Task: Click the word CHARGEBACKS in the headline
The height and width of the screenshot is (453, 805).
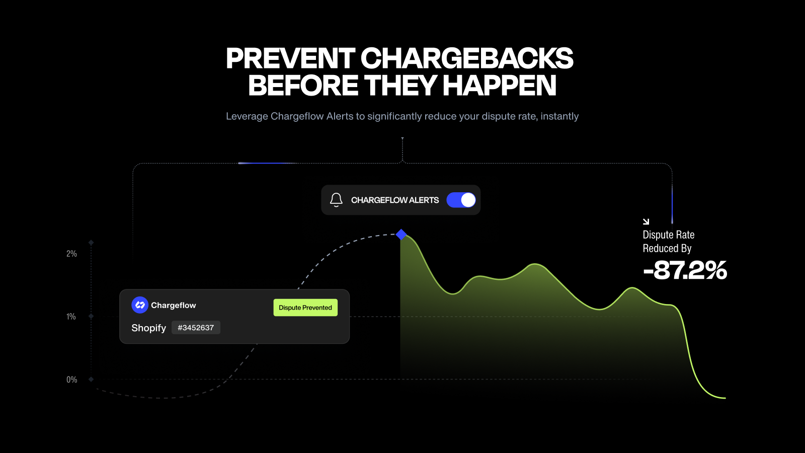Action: click(x=467, y=58)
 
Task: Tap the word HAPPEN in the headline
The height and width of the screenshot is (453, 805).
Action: click(x=500, y=85)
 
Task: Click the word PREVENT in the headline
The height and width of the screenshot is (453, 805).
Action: click(x=290, y=58)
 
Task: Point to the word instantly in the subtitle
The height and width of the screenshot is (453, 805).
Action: click(x=559, y=116)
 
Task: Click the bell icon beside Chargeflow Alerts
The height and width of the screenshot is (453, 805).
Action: click(x=337, y=200)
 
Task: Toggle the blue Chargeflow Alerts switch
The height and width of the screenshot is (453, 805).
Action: click(x=461, y=200)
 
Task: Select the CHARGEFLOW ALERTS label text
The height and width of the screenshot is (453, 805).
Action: click(x=395, y=200)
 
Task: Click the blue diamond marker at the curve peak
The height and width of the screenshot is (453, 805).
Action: click(x=401, y=235)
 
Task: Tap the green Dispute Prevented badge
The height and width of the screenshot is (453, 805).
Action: click(x=305, y=308)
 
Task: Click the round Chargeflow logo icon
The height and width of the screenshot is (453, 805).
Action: click(x=140, y=305)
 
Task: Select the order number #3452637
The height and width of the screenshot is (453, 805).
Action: click(x=196, y=328)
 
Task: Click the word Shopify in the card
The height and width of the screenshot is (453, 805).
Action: click(x=149, y=328)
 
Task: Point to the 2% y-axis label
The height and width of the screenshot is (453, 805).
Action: click(x=71, y=254)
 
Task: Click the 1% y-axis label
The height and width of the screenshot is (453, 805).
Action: click(x=71, y=317)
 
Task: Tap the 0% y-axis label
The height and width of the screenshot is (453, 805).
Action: click(x=72, y=380)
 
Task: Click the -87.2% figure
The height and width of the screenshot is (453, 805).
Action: click(x=685, y=270)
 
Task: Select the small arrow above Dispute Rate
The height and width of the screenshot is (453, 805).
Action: click(x=646, y=221)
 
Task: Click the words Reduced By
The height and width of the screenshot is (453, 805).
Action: click(x=667, y=249)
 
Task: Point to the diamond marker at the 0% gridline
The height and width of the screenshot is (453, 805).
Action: click(x=91, y=380)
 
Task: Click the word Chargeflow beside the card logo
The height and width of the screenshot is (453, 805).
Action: click(x=174, y=305)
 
